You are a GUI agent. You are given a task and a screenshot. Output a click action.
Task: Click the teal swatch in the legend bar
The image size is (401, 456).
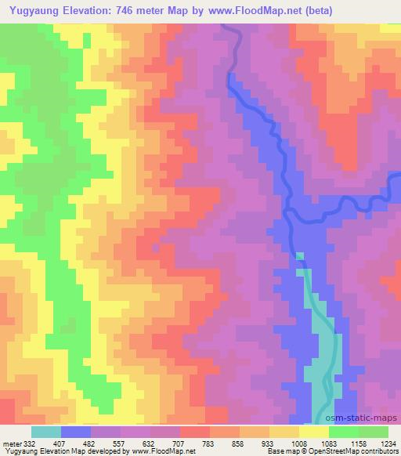pos(45,432)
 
